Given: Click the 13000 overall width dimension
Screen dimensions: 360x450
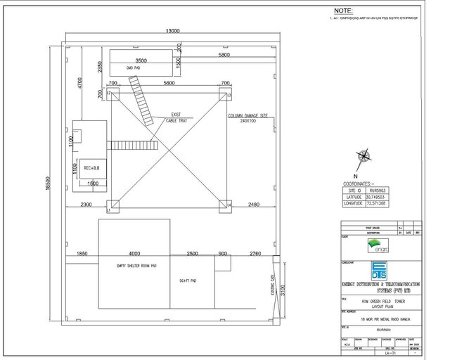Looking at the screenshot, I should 174,31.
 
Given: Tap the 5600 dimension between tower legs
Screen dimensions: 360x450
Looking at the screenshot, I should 169,83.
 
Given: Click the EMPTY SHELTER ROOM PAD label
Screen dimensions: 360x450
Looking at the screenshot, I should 134,266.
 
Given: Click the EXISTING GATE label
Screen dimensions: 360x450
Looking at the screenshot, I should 272,285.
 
